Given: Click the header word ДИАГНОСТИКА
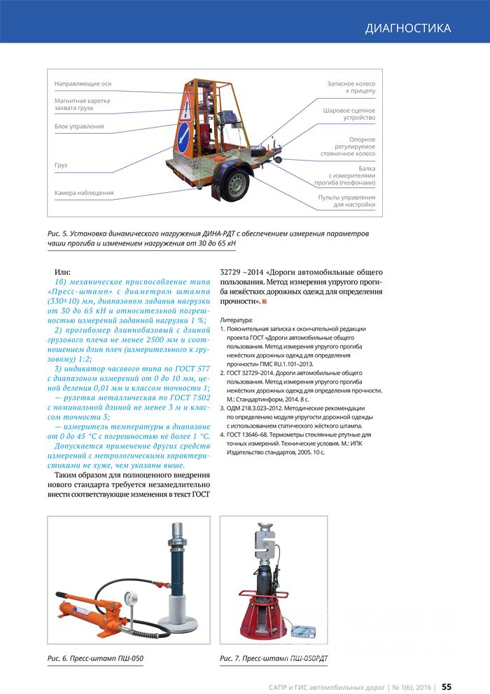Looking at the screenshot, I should click(x=407, y=28).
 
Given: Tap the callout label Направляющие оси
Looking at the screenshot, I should click(x=83, y=84).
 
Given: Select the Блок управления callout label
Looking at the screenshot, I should click(x=79, y=127).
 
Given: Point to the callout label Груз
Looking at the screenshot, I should click(x=61, y=165).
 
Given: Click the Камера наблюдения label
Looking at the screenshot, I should click(x=84, y=192).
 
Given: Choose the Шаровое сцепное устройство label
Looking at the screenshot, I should click(x=349, y=114).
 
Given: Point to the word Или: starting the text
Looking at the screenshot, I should click(x=64, y=271).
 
